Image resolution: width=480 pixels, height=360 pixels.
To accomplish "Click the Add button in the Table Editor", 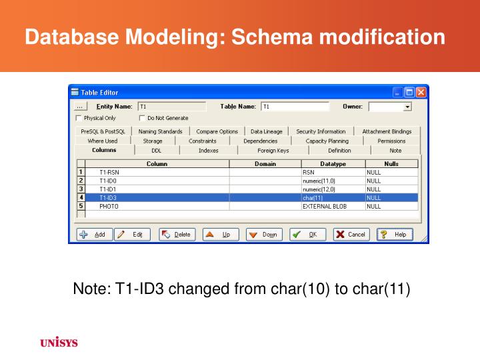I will coord(93,235).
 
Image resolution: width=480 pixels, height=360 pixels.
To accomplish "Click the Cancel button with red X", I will coord(351,235).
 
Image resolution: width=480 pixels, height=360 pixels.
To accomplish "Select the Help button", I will coord(395,235).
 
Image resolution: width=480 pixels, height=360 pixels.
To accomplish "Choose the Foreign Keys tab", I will coord(273,151).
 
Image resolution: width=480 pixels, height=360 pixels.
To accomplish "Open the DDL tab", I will coord(156,151).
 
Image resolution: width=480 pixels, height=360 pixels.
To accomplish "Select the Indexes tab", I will coord(208,151).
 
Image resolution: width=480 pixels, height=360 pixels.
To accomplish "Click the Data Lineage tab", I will coord(266,131).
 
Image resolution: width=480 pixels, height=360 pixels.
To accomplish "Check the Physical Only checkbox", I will coord(79,118).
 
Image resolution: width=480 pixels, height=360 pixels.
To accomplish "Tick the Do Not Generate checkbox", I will coord(142,118).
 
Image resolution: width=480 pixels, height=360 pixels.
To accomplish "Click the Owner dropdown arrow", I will coord(407,107).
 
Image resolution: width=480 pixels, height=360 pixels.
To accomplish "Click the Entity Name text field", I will coord(171,107).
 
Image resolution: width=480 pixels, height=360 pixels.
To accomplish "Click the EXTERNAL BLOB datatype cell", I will coord(332,207).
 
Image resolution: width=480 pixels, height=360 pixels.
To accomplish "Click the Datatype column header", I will coord(332,163).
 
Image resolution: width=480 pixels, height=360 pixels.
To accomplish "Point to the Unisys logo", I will coord(59,343).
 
